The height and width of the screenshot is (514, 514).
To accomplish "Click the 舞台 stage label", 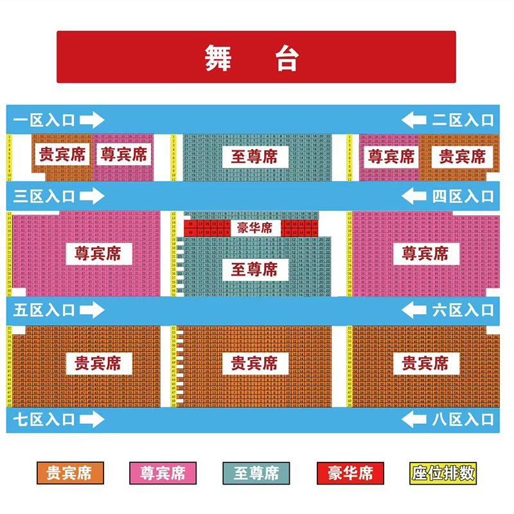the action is pos(252,58).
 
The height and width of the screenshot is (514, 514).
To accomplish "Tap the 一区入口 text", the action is pos(44,120).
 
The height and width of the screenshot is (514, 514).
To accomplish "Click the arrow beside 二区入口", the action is pos(414,120).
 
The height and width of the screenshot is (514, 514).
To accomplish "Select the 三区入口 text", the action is pos(44,197).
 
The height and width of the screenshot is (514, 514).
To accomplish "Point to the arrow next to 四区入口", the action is pos(414,197).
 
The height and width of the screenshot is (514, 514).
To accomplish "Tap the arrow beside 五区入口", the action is pos(92,310).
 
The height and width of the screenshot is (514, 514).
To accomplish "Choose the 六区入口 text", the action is pos(463,310).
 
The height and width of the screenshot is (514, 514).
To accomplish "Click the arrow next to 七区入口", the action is pos(92,420).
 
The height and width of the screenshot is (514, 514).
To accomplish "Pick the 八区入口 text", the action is pos(463,420).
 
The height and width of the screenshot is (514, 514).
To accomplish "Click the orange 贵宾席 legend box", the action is pos(69,474).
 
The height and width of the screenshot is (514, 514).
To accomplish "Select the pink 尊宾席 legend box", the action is pos(162,474).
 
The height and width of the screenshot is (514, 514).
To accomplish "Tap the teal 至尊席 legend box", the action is pos(256,474).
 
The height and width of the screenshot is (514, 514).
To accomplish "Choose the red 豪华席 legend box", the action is pos(350,474).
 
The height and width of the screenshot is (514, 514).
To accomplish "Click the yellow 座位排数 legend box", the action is pos(443,474).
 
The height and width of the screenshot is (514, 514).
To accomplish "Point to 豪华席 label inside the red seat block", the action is pos(254,228).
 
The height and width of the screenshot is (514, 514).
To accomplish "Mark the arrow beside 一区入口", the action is pos(92,120).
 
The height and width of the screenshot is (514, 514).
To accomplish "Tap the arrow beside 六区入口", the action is pos(414,310).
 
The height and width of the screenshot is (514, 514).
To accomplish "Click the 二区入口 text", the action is pos(463,120).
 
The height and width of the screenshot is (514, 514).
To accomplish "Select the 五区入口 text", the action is pos(44,310).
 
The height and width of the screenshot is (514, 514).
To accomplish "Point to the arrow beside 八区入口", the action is pos(414,420).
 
